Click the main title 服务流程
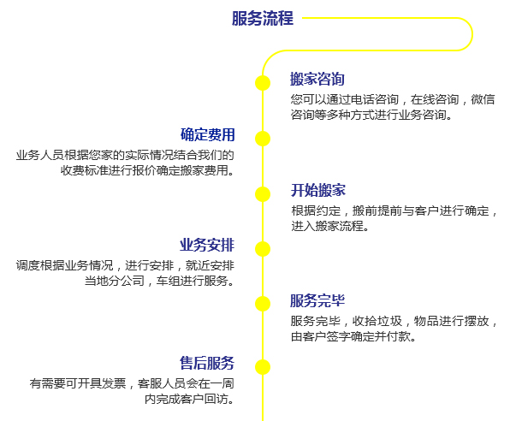point(263,18)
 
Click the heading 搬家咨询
point(317,79)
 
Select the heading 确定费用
point(208,134)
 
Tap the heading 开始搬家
point(317,190)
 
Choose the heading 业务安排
point(207,245)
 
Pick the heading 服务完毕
point(317,300)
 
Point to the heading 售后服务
point(207,363)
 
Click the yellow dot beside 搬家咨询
point(263,83)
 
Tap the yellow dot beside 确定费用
point(263,139)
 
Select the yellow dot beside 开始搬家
point(263,194)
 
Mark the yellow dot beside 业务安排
point(263,249)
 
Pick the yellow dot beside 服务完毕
point(263,305)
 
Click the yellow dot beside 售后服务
point(263,367)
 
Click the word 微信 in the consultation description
point(483,99)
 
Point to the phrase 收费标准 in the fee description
point(84,170)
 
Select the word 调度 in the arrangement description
point(28,265)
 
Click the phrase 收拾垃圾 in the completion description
point(377,321)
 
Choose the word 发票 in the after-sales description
point(114,383)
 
